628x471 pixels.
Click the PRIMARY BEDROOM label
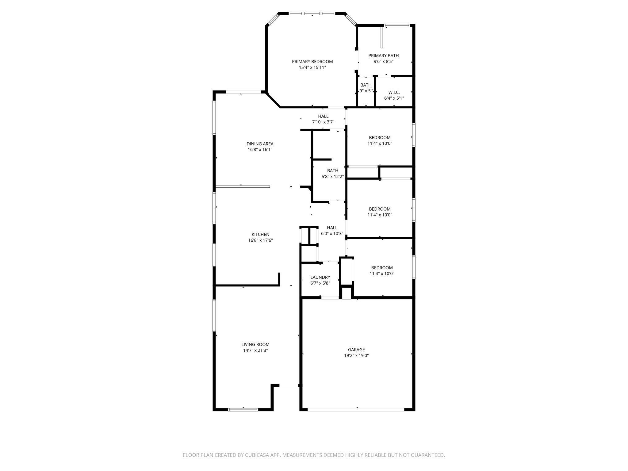coord(312,62)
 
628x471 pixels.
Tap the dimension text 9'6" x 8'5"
coord(383,61)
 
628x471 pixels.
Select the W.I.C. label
coord(394,92)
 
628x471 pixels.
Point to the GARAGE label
coord(356,350)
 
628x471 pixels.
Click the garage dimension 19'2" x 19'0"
coord(356,356)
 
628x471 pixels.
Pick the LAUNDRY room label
coord(320,277)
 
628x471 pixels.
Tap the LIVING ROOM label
coord(255,344)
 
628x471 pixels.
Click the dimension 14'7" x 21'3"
coord(255,350)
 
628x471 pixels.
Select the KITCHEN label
coord(261,235)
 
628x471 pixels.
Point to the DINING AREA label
coord(260,144)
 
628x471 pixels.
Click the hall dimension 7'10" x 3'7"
coord(323,122)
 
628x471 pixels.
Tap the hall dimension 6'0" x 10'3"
coord(332,233)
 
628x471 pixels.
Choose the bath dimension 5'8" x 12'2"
coord(333,177)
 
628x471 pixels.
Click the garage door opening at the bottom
coord(356,409)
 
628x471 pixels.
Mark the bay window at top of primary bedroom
coord(312,13)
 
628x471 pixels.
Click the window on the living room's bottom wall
coord(243,409)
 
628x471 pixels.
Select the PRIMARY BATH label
coord(383,56)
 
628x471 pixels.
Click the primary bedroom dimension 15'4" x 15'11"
coord(312,67)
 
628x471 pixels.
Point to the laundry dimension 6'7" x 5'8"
coord(320,283)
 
